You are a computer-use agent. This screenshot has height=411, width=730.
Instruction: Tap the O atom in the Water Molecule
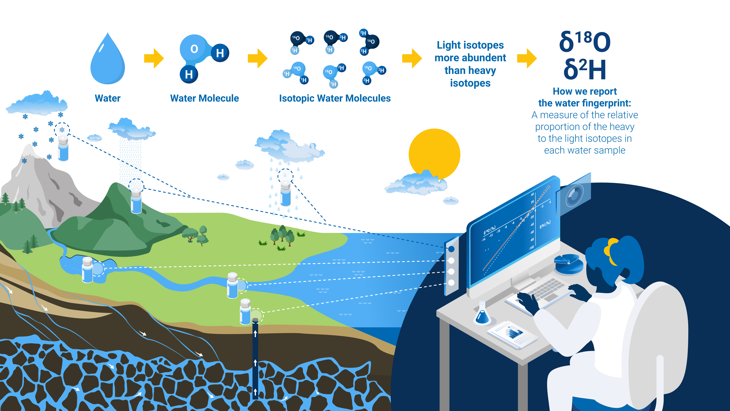click(194, 49)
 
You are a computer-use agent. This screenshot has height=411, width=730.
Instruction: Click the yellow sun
click(434, 153)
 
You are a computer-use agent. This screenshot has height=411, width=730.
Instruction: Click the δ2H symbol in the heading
click(585, 69)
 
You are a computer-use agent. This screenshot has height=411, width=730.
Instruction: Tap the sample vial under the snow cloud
click(63, 149)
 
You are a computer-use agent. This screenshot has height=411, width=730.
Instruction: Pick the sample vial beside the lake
click(87, 270)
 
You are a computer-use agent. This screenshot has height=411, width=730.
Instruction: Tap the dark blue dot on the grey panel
click(452, 249)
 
